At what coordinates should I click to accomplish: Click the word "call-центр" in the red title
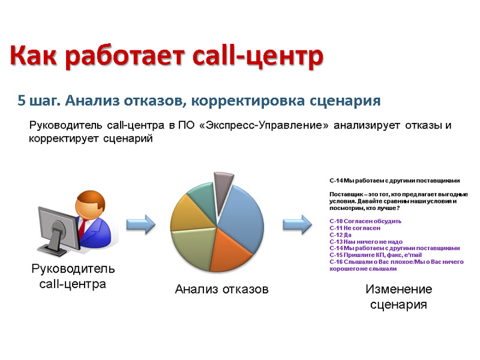pyautogui.click(x=258, y=56)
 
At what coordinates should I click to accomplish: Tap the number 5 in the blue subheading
pyautogui.click(x=22, y=100)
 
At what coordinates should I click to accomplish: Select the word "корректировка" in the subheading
pyautogui.click(x=248, y=101)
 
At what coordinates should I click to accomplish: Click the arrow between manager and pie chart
pyautogui.click(x=141, y=224)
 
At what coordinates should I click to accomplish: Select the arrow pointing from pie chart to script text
pyautogui.click(x=297, y=224)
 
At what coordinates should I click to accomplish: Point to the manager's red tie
pyautogui.click(x=83, y=229)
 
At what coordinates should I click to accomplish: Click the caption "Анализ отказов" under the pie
pyautogui.click(x=221, y=289)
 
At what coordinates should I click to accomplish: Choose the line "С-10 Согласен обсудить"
pyautogui.click(x=365, y=221)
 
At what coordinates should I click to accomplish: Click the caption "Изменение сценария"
pyautogui.click(x=398, y=296)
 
